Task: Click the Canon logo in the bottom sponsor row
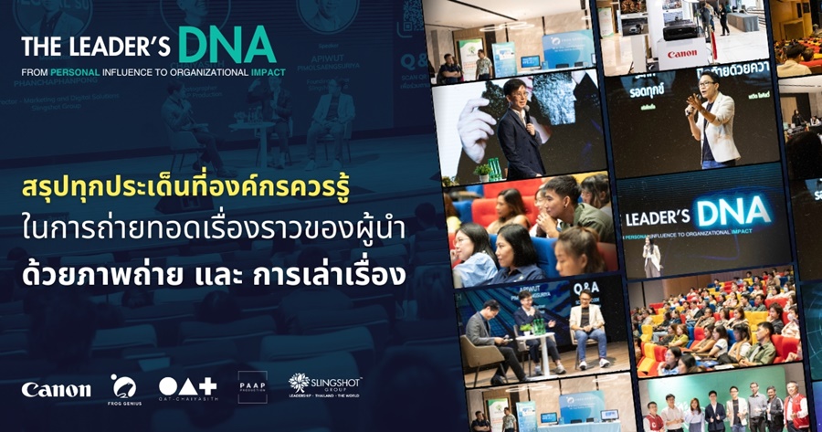pos(56,389)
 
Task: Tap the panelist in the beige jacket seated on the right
pos(585,329)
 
